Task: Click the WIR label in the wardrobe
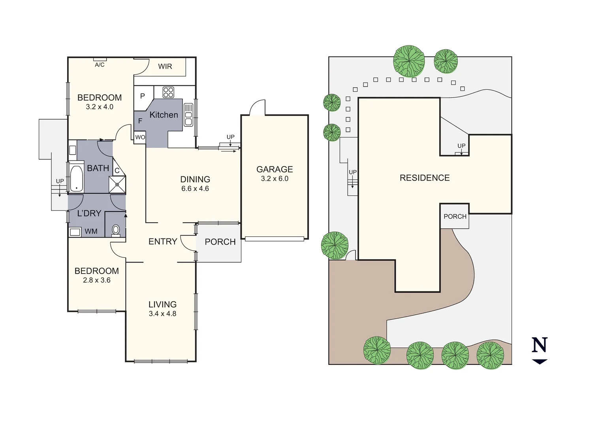coord(165,66)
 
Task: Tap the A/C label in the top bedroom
coord(100,65)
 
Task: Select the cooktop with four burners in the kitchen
coord(169,92)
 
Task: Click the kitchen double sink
coord(188,115)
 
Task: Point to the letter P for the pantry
coord(143,96)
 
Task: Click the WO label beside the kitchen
coord(140,137)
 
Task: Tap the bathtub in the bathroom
coord(76,179)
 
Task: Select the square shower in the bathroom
coord(117,185)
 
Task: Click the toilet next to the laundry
coord(116,230)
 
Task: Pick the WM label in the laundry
coord(91,231)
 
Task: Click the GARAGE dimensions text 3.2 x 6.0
coord(275,179)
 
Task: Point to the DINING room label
coord(195,179)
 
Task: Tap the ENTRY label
coord(163,242)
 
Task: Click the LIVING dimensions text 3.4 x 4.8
coord(162,314)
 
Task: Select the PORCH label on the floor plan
coord(220,242)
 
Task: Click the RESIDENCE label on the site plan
coord(425,178)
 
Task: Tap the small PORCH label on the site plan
coord(455,217)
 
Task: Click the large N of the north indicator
coord(540,345)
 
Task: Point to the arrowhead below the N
coord(540,361)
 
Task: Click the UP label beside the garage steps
coord(230,137)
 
